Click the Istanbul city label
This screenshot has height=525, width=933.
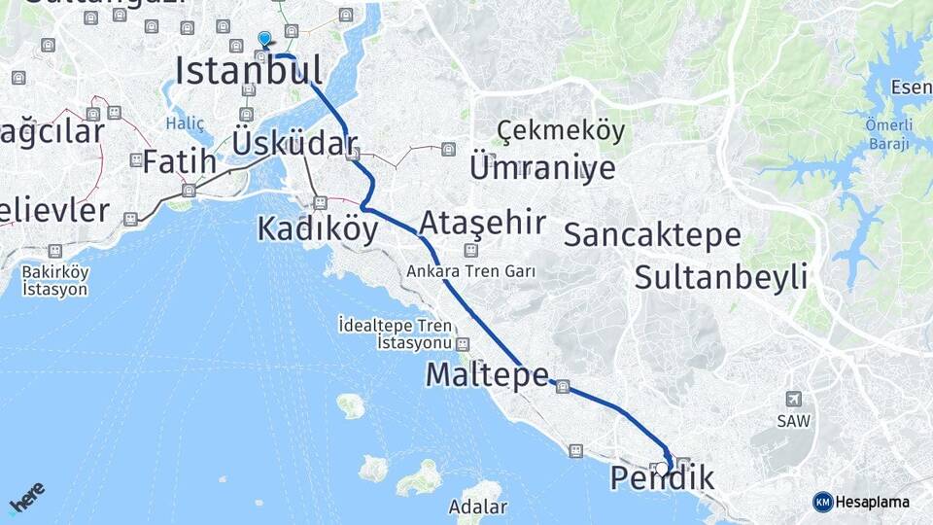click(248, 71)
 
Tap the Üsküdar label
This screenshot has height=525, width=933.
click(294, 144)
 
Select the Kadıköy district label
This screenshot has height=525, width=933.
click(317, 228)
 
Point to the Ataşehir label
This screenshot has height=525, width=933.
click(482, 223)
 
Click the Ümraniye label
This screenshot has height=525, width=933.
click(542, 168)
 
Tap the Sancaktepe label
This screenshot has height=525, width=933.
click(652, 234)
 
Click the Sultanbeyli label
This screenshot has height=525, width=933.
click(721, 277)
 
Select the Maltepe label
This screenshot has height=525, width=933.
click(487, 375)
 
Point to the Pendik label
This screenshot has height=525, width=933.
click(663, 478)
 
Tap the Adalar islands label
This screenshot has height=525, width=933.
click(477, 507)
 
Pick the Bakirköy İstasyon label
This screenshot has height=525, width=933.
click(55, 280)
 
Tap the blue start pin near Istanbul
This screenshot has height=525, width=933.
click(264, 38)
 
